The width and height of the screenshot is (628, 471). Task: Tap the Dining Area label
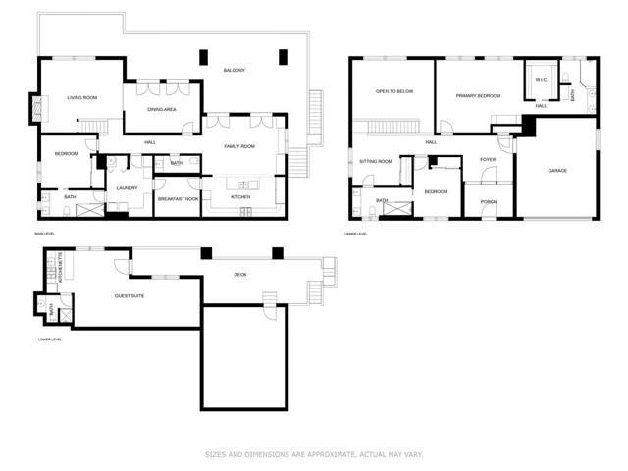162,109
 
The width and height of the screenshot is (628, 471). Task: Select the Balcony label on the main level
234,70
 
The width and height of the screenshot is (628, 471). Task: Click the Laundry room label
126,187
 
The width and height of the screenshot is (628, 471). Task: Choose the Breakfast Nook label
178,199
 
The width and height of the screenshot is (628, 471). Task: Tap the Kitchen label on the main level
240,197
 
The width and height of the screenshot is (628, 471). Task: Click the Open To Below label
392,92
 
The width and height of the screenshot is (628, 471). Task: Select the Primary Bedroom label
478,96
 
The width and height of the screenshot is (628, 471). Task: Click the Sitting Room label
375,161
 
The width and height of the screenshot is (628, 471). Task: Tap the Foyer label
487,159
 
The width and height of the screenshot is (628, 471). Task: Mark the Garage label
556,171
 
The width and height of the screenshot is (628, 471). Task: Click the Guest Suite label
130,294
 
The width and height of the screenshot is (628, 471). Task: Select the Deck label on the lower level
240,275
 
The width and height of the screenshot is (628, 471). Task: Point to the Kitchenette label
61,267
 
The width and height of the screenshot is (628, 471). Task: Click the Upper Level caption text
355,234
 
